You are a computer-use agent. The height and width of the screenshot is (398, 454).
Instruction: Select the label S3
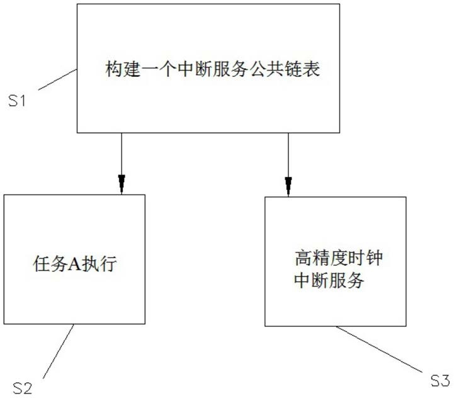[x=440, y=380]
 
